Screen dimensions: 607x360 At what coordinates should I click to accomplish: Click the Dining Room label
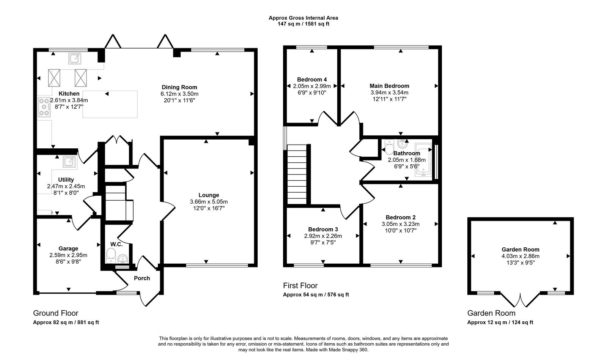(x=179, y=87)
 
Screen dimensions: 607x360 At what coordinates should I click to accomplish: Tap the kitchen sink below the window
(x=75, y=58)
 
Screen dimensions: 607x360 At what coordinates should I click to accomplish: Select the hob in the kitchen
(x=44, y=107)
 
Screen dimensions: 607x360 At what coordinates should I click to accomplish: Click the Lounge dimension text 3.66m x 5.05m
(x=209, y=202)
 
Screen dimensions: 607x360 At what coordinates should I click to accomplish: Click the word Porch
(x=142, y=278)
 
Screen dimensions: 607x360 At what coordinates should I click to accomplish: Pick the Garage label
(x=68, y=248)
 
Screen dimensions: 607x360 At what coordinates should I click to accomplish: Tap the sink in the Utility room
(x=70, y=162)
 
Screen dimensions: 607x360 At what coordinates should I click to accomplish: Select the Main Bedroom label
(x=389, y=86)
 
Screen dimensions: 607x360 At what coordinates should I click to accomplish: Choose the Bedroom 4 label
(x=312, y=79)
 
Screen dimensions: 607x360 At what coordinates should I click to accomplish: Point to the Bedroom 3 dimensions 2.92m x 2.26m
(x=323, y=236)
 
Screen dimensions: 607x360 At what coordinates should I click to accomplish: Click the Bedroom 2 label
(x=401, y=217)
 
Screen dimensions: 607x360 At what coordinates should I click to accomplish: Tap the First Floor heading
(x=300, y=286)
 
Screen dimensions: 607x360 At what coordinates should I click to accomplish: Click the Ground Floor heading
(x=55, y=313)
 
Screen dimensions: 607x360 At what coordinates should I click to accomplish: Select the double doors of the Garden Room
(x=520, y=300)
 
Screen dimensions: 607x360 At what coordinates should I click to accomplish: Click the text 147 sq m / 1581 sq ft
(x=303, y=24)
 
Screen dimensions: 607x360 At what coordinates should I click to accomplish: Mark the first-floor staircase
(x=297, y=174)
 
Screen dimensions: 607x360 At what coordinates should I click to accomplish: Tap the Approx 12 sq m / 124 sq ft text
(x=500, y=322)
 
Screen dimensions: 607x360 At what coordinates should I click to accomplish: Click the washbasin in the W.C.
(x=123, y=259)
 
